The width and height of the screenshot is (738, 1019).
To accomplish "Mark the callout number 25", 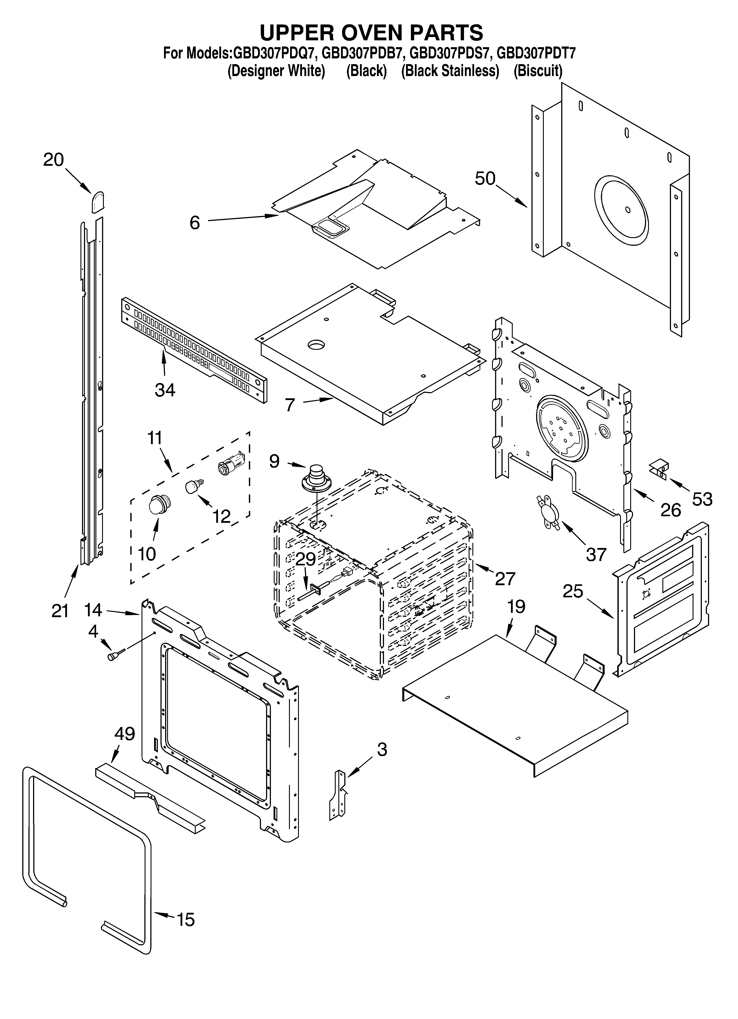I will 573,591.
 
